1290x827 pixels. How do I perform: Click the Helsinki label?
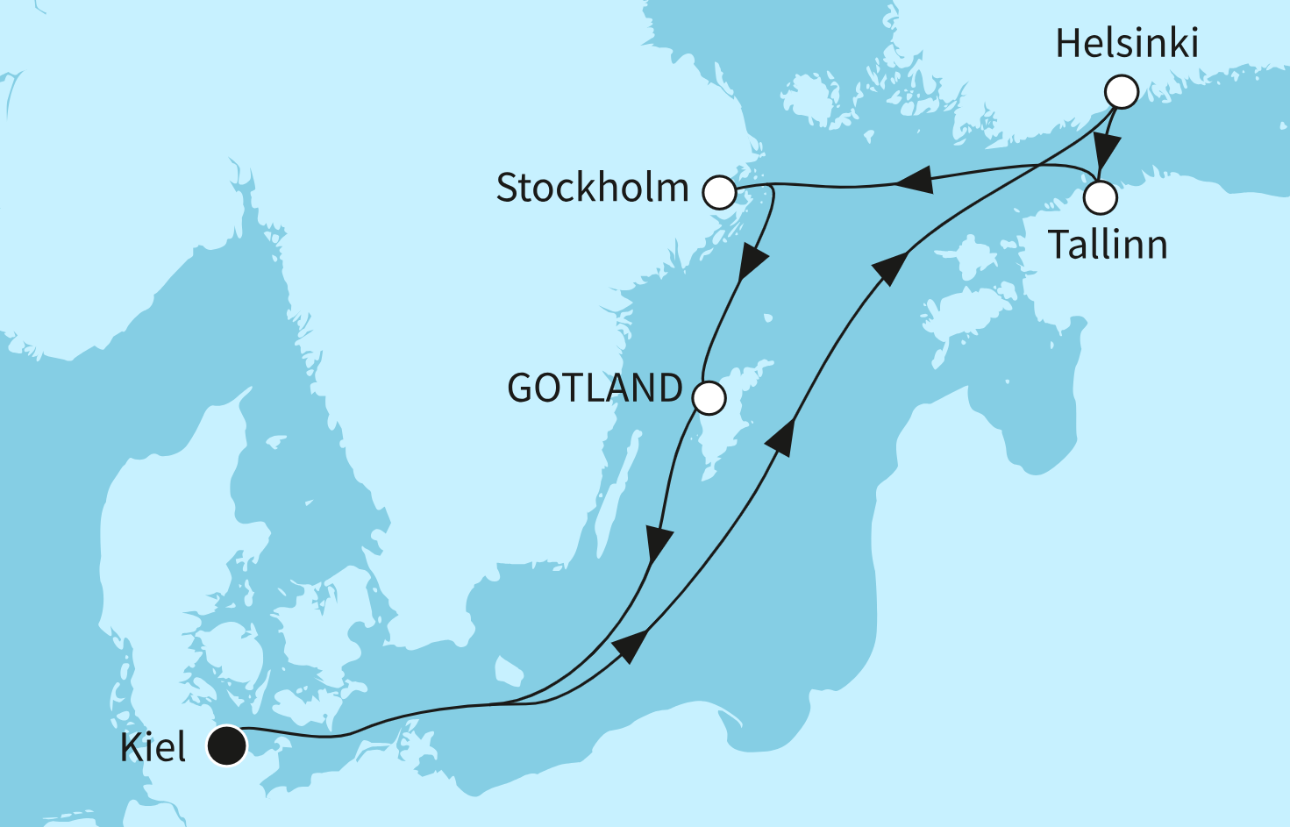(1127, 44)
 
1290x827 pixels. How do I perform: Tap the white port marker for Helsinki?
(1122, 91)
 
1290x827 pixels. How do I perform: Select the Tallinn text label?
(1108, 245)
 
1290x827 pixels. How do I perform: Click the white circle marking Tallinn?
(1101, 197)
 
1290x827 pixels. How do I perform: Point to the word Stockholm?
(593, 189)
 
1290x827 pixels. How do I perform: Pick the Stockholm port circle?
(719, 192)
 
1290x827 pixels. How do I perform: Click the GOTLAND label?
(595, 389)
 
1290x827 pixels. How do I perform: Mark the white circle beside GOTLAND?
(709, 398)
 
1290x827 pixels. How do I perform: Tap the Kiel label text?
(153, 748)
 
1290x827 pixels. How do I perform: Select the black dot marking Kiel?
(226, 746)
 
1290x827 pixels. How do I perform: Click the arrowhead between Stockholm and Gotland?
(752, 263)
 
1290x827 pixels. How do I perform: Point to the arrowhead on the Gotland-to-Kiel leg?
(658, 543)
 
